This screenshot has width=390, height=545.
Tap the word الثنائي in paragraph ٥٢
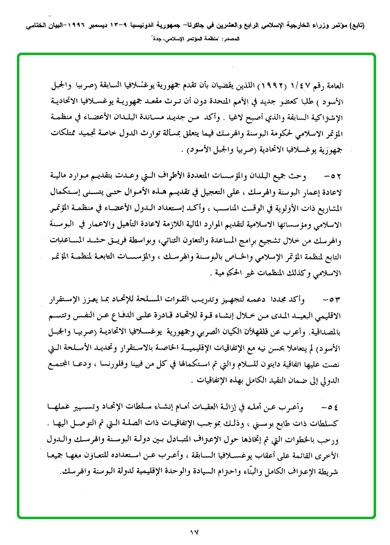click(178, 242)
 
